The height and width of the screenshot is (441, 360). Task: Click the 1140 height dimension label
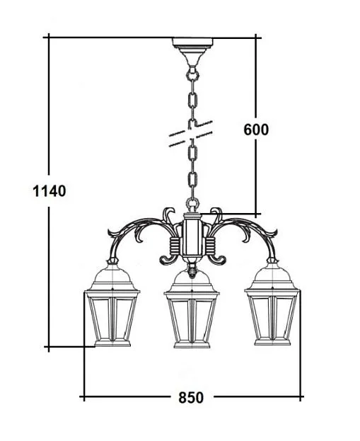point(50,191)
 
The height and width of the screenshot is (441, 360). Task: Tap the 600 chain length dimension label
point(256,130)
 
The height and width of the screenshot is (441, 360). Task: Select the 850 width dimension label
point(191,398)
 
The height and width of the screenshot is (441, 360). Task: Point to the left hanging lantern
point(112,305)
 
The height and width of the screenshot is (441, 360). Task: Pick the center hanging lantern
point(192,309)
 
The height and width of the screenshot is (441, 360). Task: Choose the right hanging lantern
point(272,304)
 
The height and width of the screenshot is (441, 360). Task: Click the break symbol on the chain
point(190,134)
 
